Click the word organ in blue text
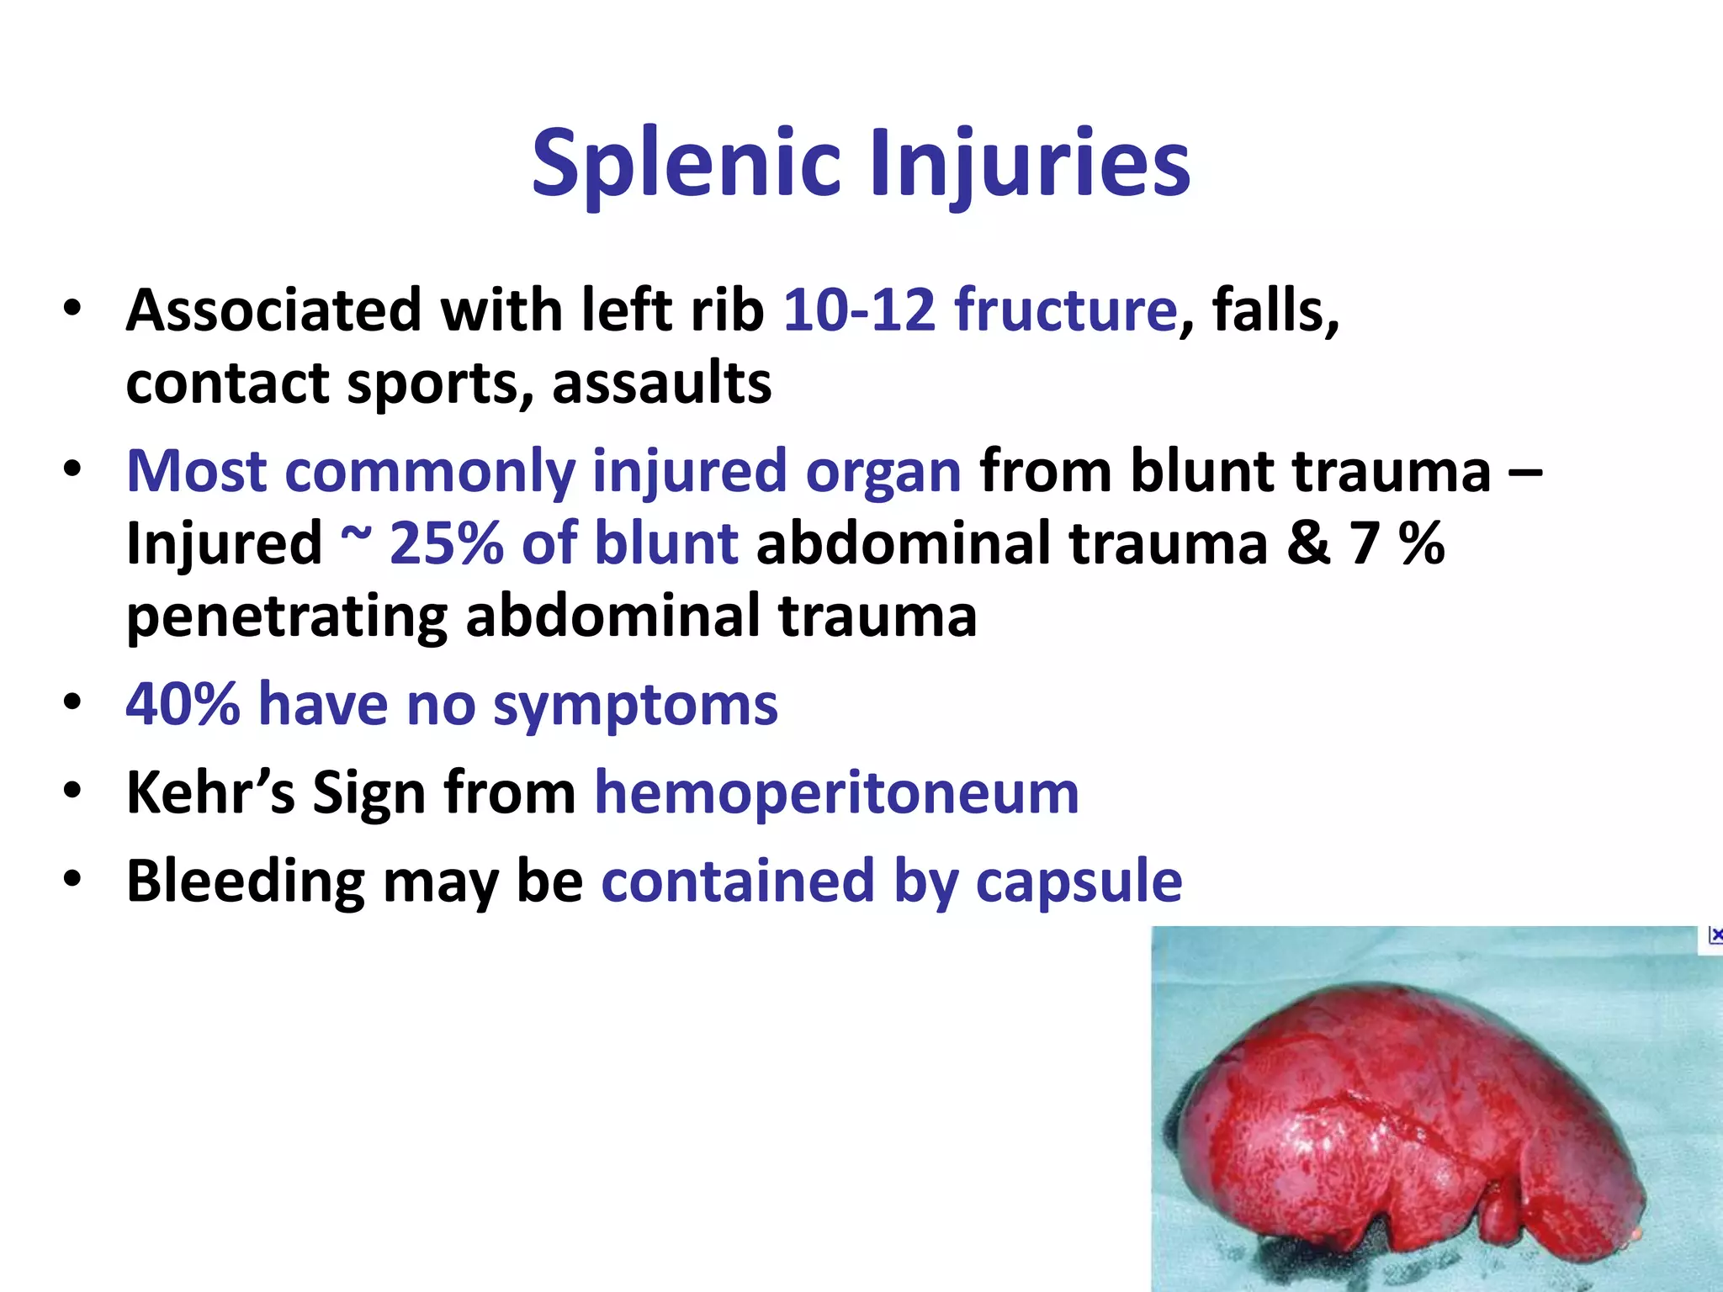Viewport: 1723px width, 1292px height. point(883,471)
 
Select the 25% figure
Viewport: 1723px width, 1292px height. point(445,543)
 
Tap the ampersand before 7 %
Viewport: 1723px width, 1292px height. point(1308,543)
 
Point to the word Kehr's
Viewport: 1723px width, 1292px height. point(210,792)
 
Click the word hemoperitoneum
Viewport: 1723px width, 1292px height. point(836,792)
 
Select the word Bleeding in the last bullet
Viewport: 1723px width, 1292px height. point(245,882)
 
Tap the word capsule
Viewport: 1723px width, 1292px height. point(1079,882)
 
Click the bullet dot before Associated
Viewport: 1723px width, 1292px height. point(72,308)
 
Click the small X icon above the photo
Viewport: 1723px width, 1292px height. point(1715,935)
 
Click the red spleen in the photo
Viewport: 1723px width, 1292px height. point(1413,1127)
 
